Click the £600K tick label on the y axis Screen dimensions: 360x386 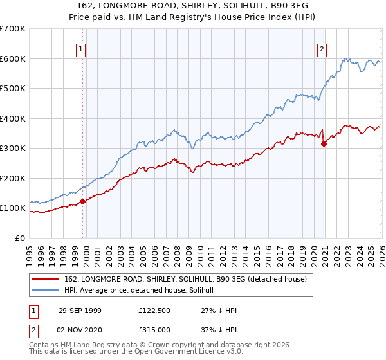(x=13, y=59)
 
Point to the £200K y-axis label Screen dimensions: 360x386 (x=13, y=178)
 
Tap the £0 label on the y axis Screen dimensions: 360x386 (x=21, y=238)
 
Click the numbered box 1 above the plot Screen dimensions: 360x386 (x=82, y=48)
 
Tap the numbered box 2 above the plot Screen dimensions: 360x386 (x=322, y=48)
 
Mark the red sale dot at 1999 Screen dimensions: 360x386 (x=83, y=201)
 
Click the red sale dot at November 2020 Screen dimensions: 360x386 (x=324, y=143)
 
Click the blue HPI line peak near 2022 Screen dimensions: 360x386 (x=345, y=59)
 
